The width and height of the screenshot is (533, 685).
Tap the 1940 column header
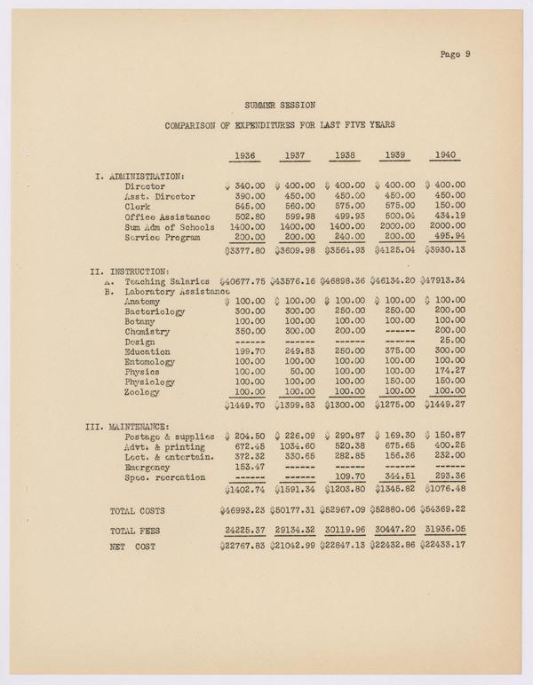point(446,156)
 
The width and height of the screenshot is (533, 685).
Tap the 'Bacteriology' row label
point(156,311)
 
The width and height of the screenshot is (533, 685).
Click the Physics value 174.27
point(449,372)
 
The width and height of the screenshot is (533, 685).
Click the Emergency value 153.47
point(245,467)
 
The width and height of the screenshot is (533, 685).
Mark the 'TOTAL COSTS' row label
point(138,511)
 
